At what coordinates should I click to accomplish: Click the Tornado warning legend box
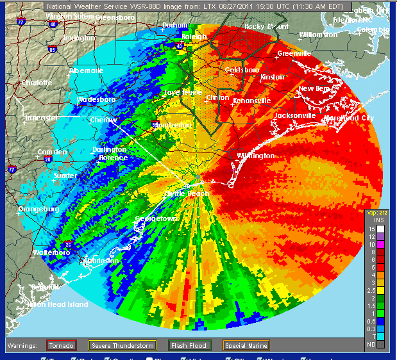(62, 345)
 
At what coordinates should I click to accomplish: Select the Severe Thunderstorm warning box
(122, 345)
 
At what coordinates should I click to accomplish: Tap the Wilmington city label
(255, 156)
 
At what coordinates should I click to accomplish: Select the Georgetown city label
(156, 219)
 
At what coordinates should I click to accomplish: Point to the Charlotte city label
(37, 83)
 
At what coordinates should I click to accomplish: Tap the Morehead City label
(349, 119)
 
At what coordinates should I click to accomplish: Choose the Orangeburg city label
(38, 209)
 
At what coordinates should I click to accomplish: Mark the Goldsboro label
(241, 70)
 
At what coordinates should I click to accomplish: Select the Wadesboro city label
(96, 100)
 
